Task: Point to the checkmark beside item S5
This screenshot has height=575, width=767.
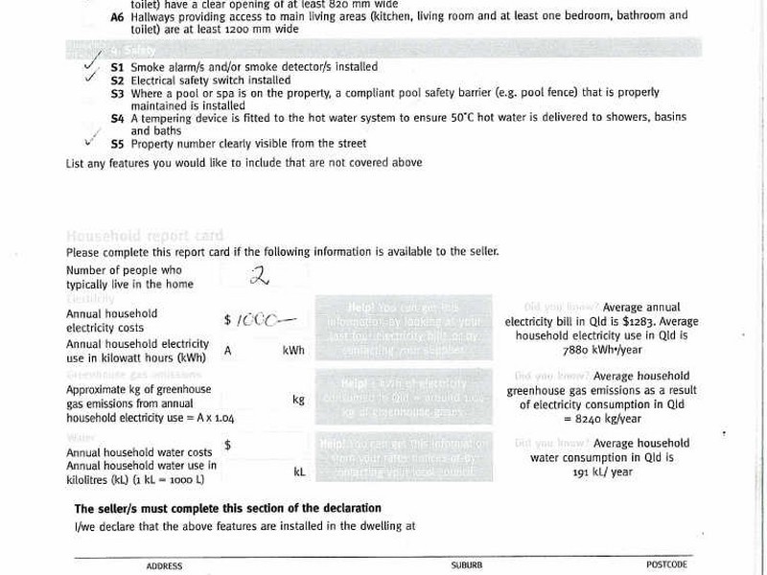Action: pyautogui.click(x=92, y=138)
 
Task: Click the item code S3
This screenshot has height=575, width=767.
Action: pyautogui.click(x=117, y=94)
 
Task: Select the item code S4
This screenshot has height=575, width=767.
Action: pyautogui.click(x=117, y=119)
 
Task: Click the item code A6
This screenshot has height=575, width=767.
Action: pyautogui.click(x=117, y=16)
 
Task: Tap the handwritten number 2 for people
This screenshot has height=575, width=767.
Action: pyautogui.click(x=258, y=276)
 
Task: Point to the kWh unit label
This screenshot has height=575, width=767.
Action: pyautogui.click(x=293, y=351)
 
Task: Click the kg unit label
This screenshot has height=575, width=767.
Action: pyautogui.click(x=298, y=399)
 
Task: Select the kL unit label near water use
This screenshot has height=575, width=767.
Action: pyautogui.click(x=299, y=471)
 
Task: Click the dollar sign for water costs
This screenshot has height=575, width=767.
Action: pyautogui.click(x=227, y=446)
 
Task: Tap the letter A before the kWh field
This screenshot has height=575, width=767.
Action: pyautogui.click(x=228, y=351)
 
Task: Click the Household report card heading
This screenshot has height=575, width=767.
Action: pyautogui.click(x=144, y=236)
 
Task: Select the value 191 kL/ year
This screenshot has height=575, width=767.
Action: pyautogui.click(x=602, y=472)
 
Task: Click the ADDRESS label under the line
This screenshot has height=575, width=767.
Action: pyautogui.click(x=164, y=566)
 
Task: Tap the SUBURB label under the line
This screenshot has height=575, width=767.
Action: pyautogui.click(x=467, y=566)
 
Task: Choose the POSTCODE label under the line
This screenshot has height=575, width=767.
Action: pyautogui.click(x=666, y=565)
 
